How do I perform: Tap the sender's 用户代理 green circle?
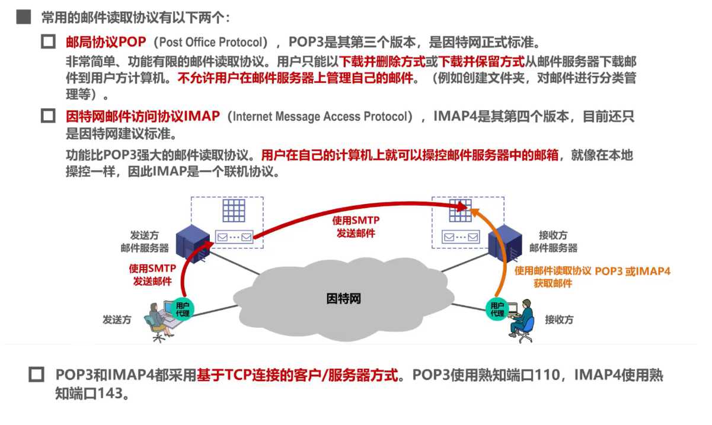click(183, 308)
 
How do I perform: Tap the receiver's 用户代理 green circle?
click(496, 308)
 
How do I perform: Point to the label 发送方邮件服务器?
click(145, 241)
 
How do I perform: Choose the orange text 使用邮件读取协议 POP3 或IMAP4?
click(592, 271)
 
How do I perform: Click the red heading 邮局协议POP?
click(106, 42)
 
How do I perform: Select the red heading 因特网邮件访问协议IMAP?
click(142, 116)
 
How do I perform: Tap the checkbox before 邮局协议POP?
click(48, 42)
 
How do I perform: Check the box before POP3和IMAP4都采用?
click(37, 375)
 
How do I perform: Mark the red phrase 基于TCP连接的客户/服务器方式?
click(298, 375)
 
